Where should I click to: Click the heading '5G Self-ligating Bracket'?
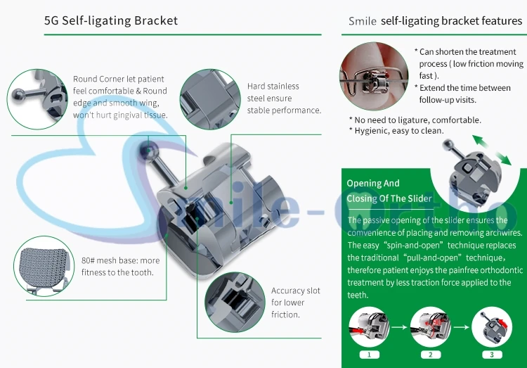(x=111, y=20)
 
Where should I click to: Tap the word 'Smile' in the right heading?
(x=363, y=21)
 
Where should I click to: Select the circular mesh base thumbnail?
(x=44, y=266)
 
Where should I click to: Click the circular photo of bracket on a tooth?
(x=374, y=76)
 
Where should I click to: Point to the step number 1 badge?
(x=370, y=355)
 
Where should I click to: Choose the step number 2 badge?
(x=431, y=355)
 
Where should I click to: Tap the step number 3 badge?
(x=492, y=355)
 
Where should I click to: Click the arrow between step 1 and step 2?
(x=400, y=327)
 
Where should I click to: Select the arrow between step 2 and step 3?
(x=462, y=327)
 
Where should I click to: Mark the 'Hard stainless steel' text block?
(x=284, y=99)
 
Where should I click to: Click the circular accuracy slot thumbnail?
(x=235, y=303)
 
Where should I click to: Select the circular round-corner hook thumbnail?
(x=37, y=99)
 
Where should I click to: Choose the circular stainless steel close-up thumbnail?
(x=210, y=99)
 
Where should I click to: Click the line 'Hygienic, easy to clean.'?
(x=399, y=131)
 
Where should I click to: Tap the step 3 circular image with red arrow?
(x=492, y=326)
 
